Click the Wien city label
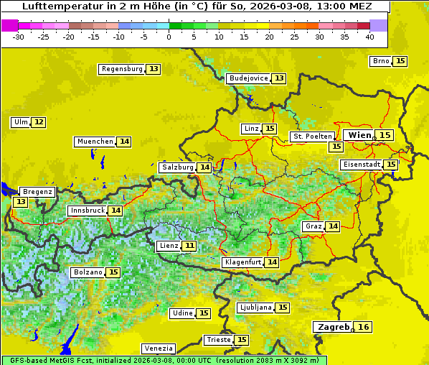359,135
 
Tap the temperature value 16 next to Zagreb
364,327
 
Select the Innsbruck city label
86,211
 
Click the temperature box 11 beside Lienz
189,246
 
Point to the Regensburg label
121,69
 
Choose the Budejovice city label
247,78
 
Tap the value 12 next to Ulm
39,122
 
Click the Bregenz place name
37,192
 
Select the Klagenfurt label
242,262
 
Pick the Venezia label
158,348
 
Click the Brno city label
380,61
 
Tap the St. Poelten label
312,136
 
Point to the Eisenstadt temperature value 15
390,165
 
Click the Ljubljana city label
255,308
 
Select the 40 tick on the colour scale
369,37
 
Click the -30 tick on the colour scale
19,37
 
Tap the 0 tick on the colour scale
169,37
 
